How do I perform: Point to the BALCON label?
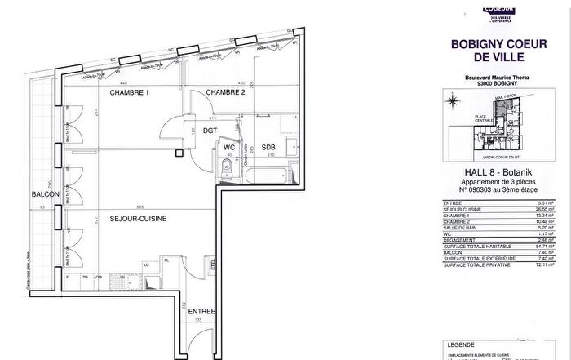tap(43, 194)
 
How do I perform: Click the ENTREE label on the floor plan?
tap(201, 311)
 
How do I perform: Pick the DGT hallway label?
tap(210, 130)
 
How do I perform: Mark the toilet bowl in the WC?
tap(225, 170)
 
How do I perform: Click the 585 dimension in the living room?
tap(139, 207)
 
